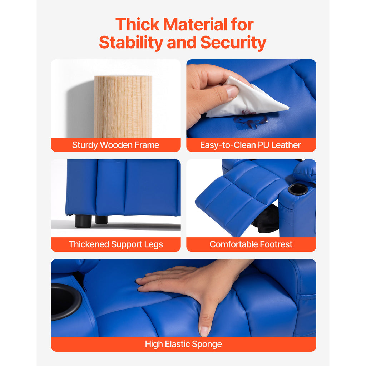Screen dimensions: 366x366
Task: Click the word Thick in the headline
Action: point(138,25)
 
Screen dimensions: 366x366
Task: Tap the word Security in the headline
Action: point(233,43)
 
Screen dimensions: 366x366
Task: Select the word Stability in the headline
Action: point(131,43)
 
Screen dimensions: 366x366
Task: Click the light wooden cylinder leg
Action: point(123,107)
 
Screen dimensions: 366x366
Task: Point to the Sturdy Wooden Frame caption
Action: point(115,145)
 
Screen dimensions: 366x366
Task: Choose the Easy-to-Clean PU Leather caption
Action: point(251,145)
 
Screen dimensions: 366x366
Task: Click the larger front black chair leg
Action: point(83,221)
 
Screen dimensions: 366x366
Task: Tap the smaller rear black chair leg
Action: point(102,219)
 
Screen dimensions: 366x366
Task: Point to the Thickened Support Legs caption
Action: point(116,244)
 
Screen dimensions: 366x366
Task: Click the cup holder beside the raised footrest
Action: point(298,189)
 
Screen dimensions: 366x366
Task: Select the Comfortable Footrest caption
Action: point(251,244)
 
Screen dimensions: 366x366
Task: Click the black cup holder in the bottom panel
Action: point(66,302)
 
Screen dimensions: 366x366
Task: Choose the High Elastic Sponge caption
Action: point(183,344)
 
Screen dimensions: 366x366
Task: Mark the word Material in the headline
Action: point(195,25)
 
